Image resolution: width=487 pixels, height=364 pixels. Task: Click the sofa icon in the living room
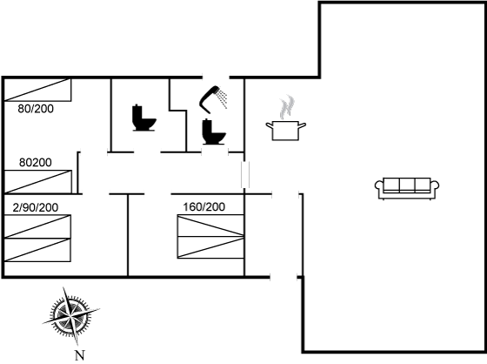(407, 189)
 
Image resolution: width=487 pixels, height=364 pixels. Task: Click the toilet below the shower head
(214, 131)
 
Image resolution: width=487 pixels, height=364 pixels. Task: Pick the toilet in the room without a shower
(144, 118)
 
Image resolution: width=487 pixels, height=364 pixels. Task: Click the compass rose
(71, 316)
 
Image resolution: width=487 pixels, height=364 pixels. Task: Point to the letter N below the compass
(80, 355)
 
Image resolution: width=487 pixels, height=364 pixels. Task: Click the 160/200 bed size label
(204, 207)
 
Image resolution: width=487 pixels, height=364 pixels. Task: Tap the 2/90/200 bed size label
(36, 207)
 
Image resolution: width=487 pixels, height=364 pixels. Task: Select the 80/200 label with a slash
(36, 109)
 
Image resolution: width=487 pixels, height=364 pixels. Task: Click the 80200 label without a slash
(36, 162)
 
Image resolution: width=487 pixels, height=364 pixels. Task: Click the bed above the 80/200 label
(37, 90)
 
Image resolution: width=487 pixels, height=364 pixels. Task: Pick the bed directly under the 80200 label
(37, 182)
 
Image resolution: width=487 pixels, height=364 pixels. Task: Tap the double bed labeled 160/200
(210, 237)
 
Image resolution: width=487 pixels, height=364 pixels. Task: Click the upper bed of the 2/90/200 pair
(37, 226)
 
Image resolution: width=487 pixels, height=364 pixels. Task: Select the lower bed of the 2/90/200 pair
(37, 250)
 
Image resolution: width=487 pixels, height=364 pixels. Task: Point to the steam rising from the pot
(287, 107)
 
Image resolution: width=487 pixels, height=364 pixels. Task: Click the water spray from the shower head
(223, 98)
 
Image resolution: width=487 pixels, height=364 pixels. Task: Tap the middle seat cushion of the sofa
(407, 185)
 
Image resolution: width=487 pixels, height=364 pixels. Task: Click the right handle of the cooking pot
(303, 125)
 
